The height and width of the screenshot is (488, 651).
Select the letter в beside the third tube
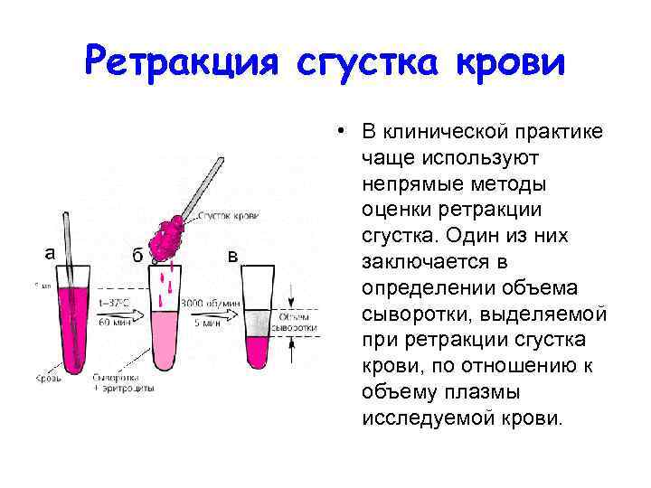(x=232, y=255)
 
